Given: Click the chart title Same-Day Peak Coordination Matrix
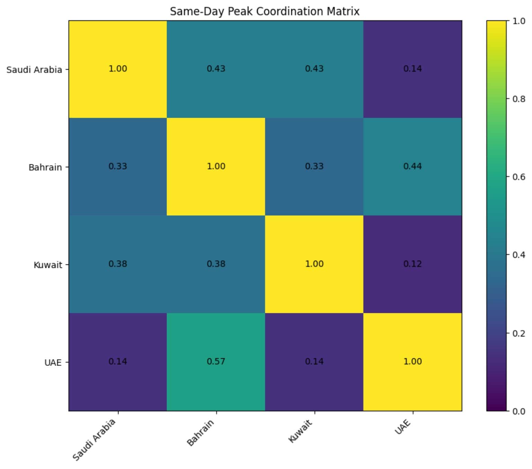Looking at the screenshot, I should pyautogui.click(x=265, y=11).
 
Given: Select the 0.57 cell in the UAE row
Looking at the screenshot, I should pyautogui.click(x=216, y=362).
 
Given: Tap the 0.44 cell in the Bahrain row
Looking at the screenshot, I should pyautogui.click(x=412, y=166).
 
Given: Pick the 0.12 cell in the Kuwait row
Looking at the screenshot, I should pyautogui.click(x=412, y=264).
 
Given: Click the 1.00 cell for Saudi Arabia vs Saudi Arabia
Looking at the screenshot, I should pyautogui.click(x=118, y=69).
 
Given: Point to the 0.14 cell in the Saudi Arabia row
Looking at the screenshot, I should pyautogui.click(x=412, y=69).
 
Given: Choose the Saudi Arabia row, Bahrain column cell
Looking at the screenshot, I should pyautogui.click(x=216, y=69).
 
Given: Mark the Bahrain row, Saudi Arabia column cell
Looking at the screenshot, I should pyautogui.click(x=118, y=166).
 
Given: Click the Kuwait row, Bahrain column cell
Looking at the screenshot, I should pyautogui.click(x=216, y=264).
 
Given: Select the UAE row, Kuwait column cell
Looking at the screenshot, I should pyautogui.click(x=314, y=362).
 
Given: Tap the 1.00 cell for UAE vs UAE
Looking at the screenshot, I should pyautogui.click(x=412, y=362).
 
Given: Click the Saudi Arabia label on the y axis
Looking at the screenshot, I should pyautogui.click(x=34, y=70).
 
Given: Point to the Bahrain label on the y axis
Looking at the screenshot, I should pyautogui.click(x=45, y=168).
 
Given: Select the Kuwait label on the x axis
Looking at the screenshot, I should pyautogui.click(x=300, y=431).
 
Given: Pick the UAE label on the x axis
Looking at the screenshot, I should pyautogui.click(x=403, y=427).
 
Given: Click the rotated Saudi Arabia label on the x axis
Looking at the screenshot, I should pyautogui.click(x=94, y=440).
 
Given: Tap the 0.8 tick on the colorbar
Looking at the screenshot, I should pyautogui.click(x=518, y=99).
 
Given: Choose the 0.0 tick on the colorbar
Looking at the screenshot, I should pyautogui.click(x=518, y=412).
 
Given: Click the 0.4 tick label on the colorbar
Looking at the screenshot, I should pyautogui.click(x=518, y=255).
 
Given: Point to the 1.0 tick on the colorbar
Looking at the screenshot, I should pyautogui.click(x=518, y=21).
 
